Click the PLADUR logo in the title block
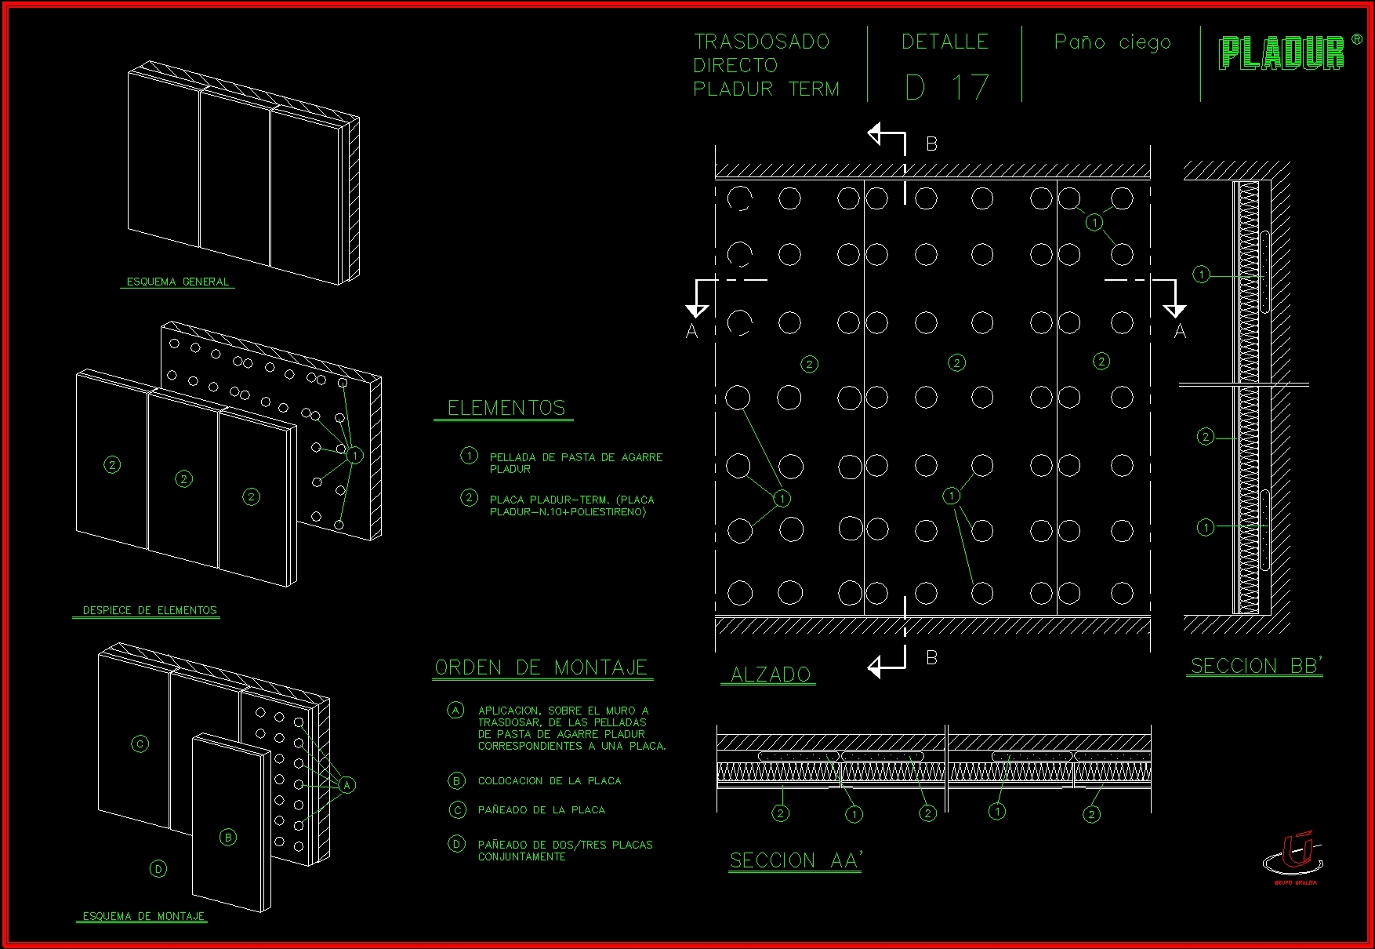tap(1282, 53)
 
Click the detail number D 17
tap(946, 88)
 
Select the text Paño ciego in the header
tap(1112, 42)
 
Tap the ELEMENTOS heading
tap(506, 408)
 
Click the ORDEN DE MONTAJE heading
tap(542, 667)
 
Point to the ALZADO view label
tap(770, 674)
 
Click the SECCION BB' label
tap(1256, 666)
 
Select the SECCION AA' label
tap(795, 860)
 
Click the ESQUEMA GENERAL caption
tap(178, 282)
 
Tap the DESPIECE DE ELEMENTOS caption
tap(149, 610)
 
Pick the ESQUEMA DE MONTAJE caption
tap(143, 916)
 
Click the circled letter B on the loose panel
tap(228, 838)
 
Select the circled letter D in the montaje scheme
tap(158, 868)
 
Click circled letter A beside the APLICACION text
tap(455, 711)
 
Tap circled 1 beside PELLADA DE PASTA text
tap(469, 456)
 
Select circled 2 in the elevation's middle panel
tap(956, 362)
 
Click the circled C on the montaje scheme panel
tap(140, 744)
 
